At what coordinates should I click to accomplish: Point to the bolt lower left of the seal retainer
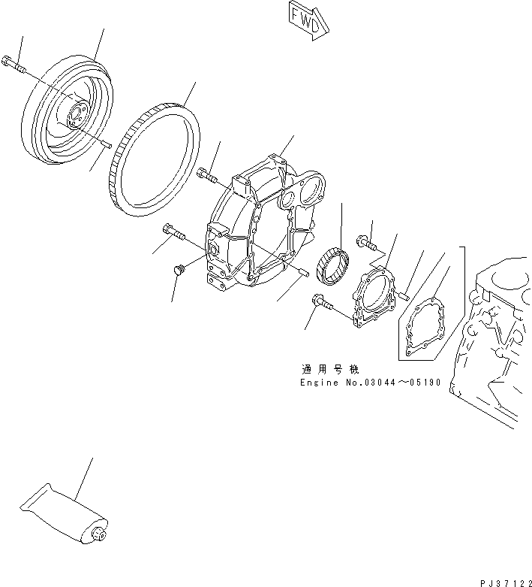[322, 302]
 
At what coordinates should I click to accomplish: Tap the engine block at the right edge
[495, 338]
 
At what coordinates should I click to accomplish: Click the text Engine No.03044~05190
[371, 383]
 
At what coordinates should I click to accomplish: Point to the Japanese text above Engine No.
[330, 369]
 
